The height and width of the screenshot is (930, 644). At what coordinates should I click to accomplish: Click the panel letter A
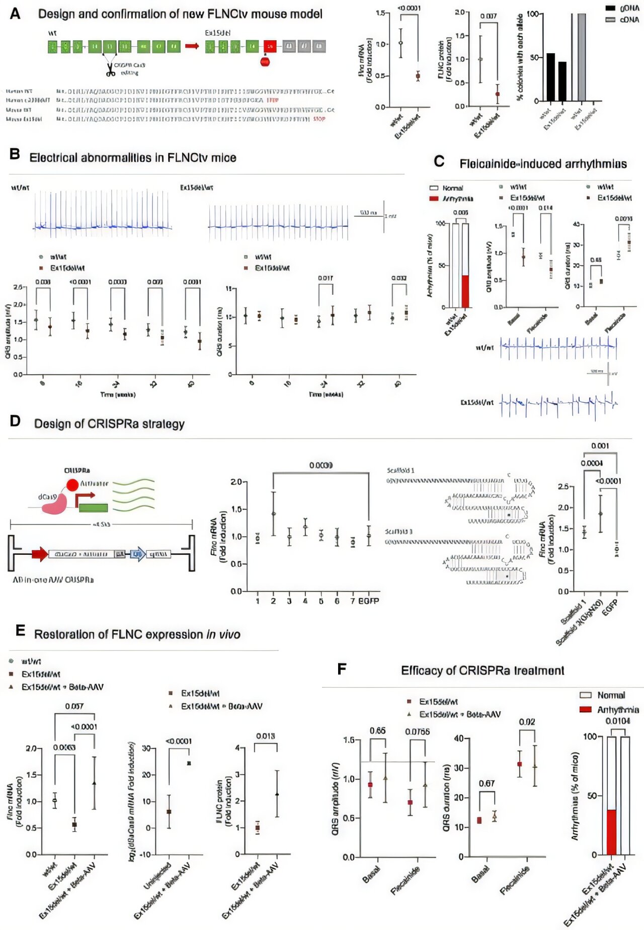coord(15,14)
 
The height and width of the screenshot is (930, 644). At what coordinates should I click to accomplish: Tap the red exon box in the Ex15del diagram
coord(270,46)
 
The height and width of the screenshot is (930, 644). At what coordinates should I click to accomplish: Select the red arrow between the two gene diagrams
coord(192,46)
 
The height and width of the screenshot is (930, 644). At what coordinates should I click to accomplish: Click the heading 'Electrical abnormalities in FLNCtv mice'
coord(133,157)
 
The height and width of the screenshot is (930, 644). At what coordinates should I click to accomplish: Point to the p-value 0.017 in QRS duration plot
coord(325,278)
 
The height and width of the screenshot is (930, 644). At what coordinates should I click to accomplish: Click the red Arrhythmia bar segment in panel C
coord(465,291)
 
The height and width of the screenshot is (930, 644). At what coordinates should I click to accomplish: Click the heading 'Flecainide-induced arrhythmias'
coord(543,163)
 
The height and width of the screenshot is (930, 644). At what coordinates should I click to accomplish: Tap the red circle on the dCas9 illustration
coord(72,485)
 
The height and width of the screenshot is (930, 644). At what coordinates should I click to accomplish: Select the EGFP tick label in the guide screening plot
coord(368,601)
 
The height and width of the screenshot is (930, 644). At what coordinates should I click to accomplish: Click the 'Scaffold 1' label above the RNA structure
coord(400,470)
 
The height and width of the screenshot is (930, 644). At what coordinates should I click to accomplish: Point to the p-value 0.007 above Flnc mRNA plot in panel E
coord(74,706)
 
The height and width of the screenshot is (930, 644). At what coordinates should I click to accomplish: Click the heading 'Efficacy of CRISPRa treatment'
coord(482,670)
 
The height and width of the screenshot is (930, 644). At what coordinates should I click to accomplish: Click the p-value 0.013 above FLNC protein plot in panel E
coord(265,736)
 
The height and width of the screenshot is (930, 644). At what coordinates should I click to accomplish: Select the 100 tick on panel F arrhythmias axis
coord(590,737)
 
